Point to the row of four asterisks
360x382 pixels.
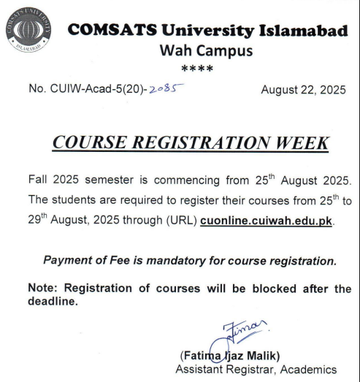pos(197,70)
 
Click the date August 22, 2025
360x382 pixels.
pos(302,91)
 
